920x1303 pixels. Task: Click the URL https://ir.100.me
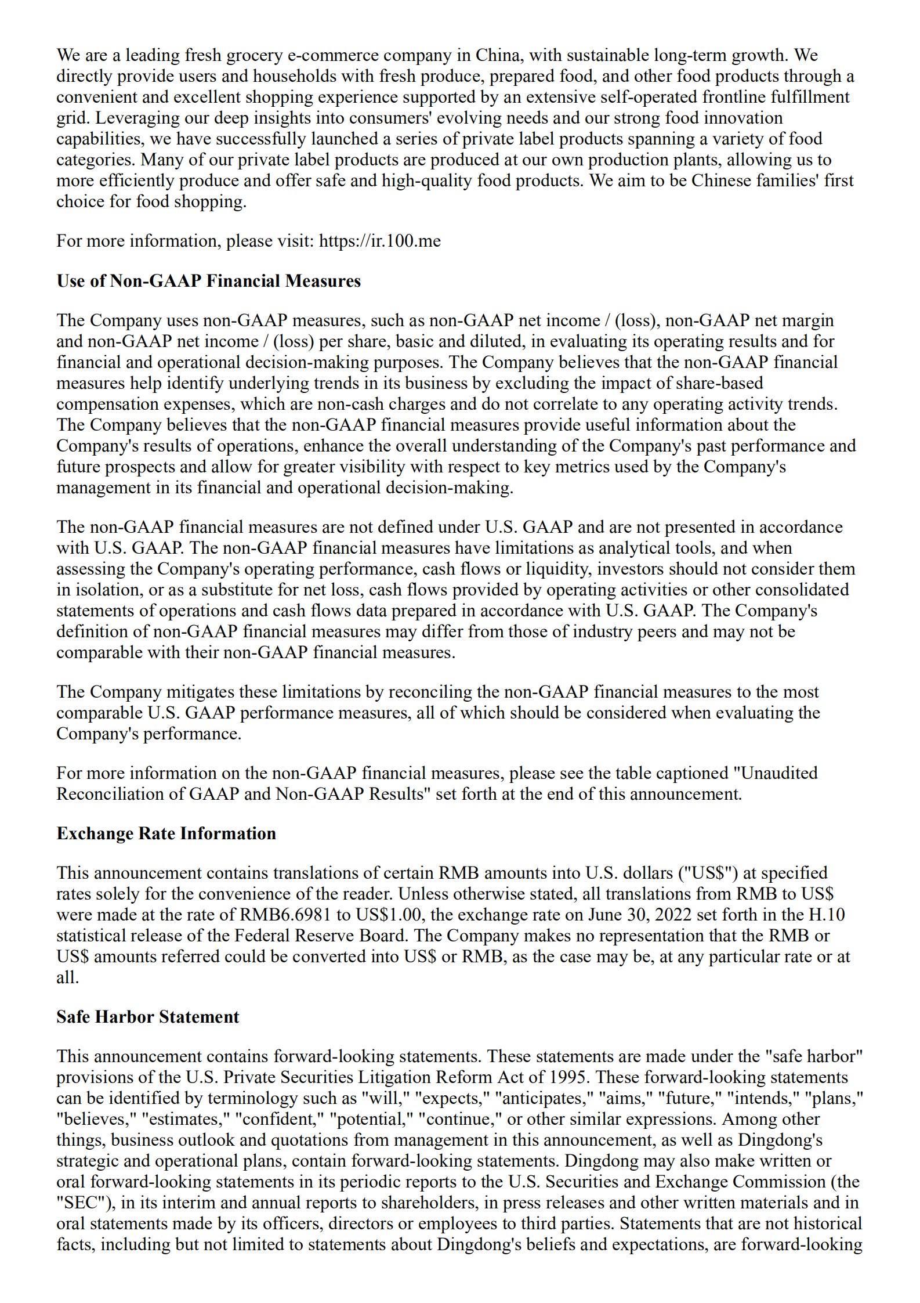[x=379, y=241]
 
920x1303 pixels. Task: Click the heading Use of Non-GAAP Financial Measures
[x=208, y=281]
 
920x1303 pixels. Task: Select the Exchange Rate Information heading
[x=166, y=833]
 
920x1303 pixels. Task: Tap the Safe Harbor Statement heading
[x=147, y=1017]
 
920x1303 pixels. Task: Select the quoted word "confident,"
[x=278, y=1119]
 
